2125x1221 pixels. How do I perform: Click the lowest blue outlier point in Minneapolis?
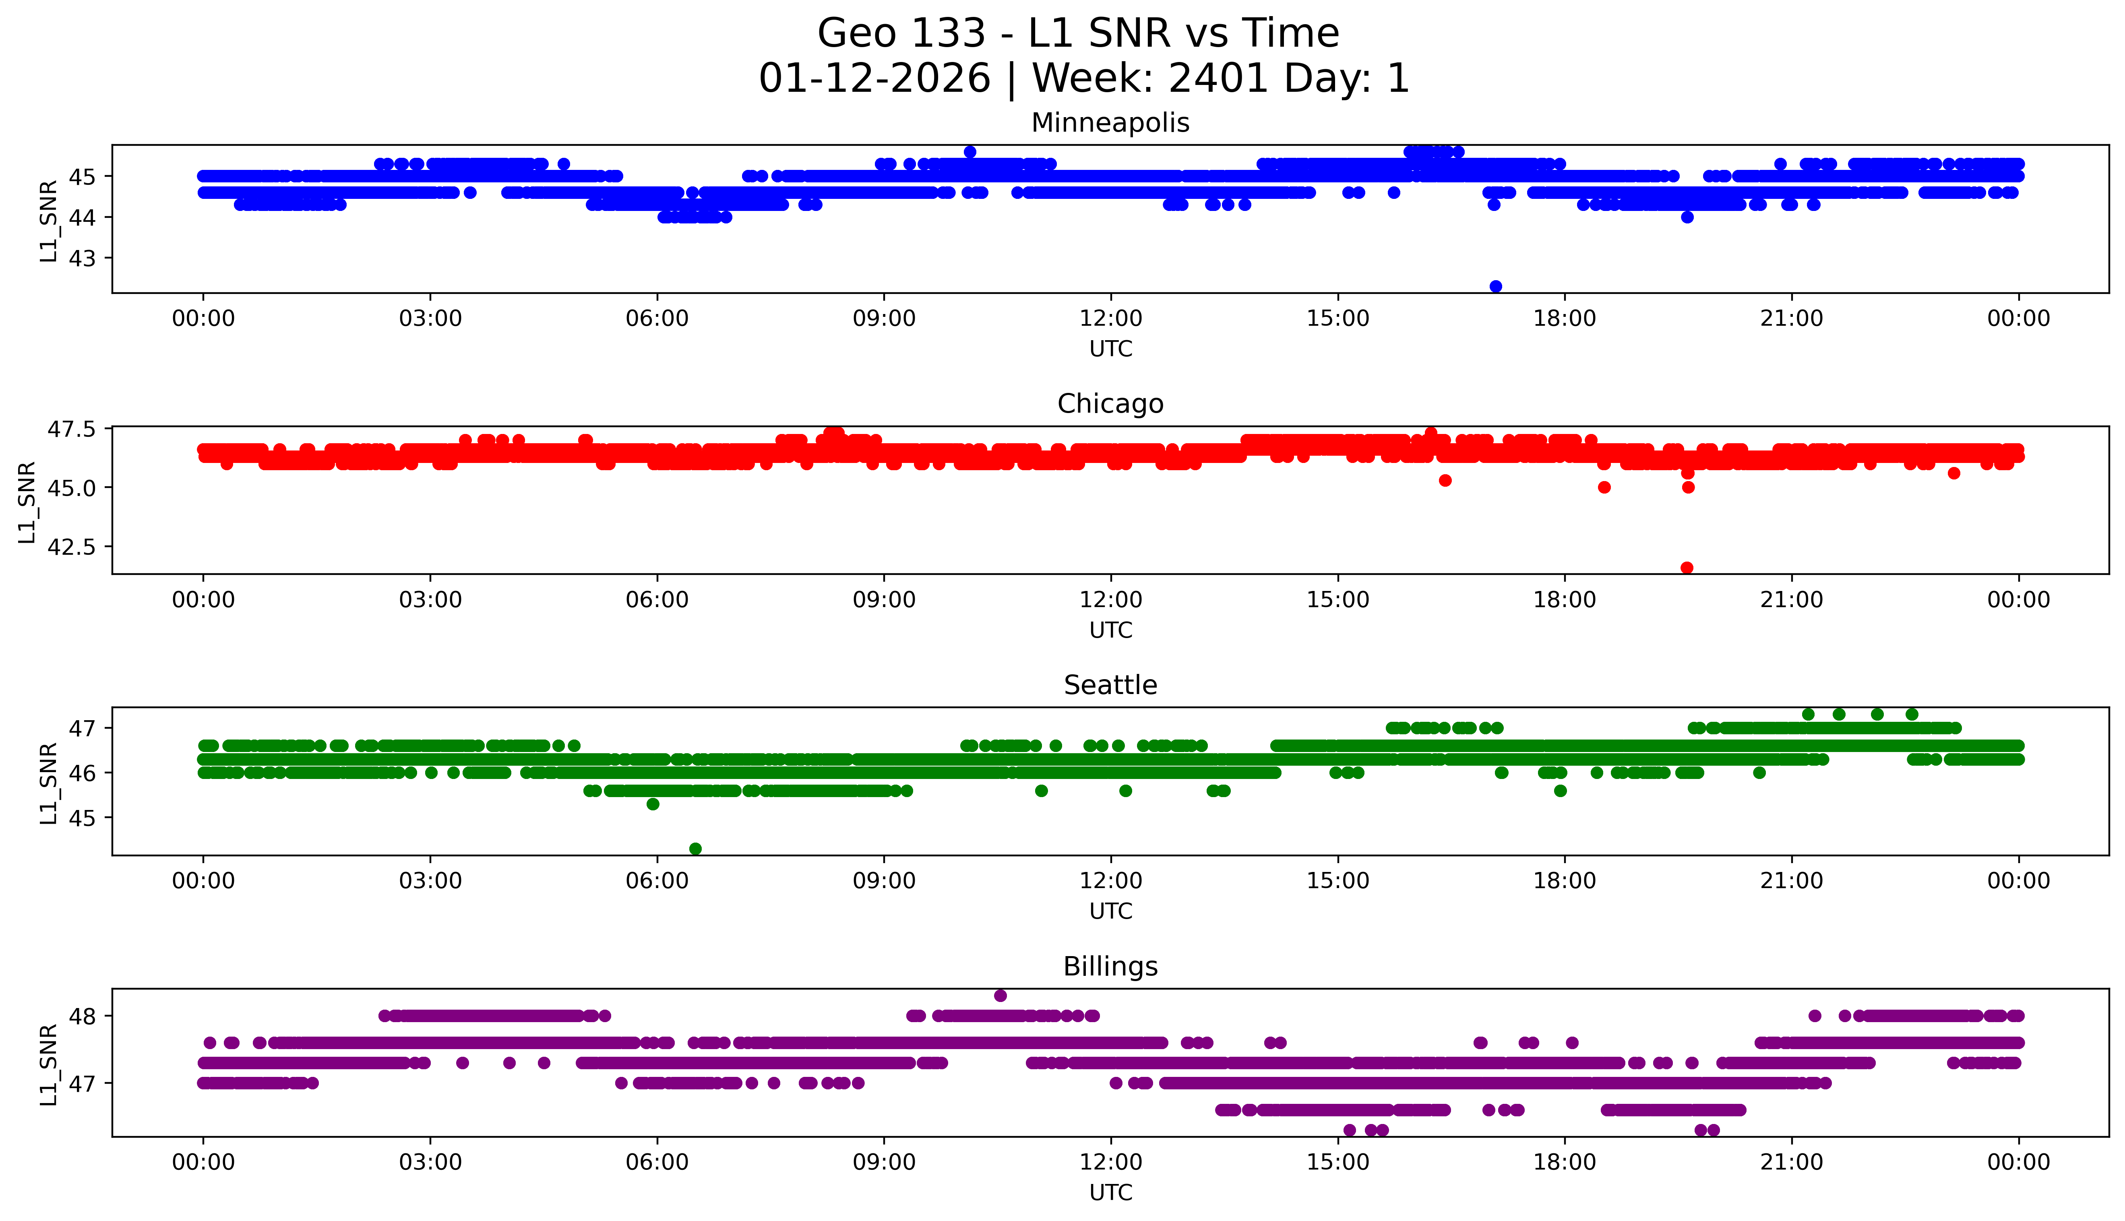click(x=1495, y=286)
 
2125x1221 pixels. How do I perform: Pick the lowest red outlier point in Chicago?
click(x=1687, y=568)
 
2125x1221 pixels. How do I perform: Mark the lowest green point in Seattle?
click(x=695, y=849)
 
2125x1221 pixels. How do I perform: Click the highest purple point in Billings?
click(x=1000, y=996)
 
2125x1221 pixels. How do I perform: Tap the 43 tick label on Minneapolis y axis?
click(x=82, y=258)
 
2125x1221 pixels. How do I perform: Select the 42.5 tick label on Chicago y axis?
click(x=72, y=547)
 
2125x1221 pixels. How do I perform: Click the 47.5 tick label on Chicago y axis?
click(x=72, y=430)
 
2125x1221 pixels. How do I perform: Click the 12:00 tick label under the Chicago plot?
click(x=1110, y=599)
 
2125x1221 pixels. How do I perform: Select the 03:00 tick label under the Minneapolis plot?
click(x=430, y=319)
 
